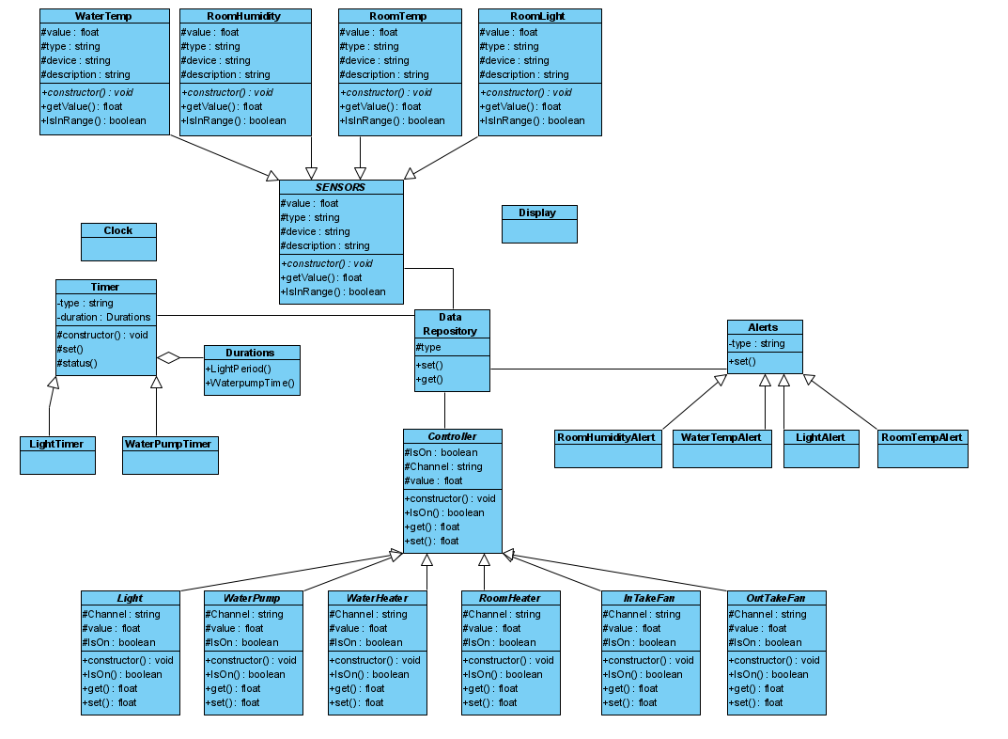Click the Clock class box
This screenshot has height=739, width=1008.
(118, 242)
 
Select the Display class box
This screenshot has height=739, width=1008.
(539, 224)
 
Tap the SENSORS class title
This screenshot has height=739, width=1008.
(341, 187)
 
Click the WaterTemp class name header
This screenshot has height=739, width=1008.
(104, 17)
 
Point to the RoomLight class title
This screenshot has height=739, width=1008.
(539, 17)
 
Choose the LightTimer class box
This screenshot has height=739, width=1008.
(57, 455)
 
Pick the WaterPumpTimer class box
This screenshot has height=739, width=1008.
(169, 455)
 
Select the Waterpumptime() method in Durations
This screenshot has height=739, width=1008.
(250, 383)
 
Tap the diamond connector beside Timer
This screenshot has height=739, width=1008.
(168, 357)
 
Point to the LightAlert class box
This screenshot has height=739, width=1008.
(820, 448)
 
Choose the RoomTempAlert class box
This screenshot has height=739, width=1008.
(923, 448)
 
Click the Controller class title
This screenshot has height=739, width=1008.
(452, 437)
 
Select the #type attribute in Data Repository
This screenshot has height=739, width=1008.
(428, 348)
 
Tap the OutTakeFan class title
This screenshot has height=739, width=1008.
(776, 598)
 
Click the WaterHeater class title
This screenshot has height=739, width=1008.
(377, 598)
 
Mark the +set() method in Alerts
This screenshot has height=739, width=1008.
(742, 362)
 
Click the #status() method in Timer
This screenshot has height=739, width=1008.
(78, 363)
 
